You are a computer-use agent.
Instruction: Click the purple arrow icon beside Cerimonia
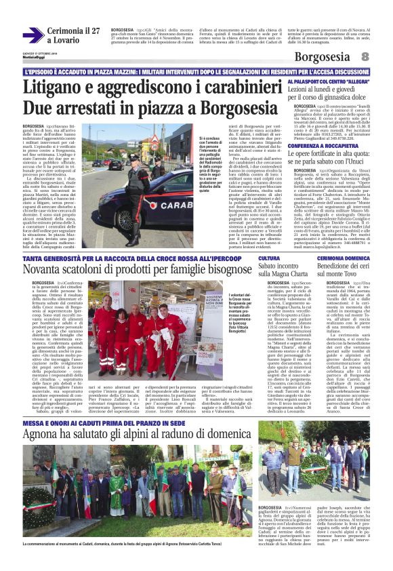pyautogui.click(x=33, y=35)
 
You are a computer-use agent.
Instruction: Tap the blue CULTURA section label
pyautogui.click(x=268, y=258)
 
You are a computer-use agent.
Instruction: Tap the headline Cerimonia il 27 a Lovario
pyautogui.click(x=73, y=35)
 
